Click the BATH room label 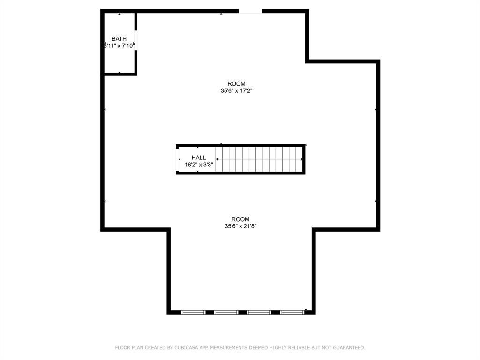click(x=119, y=39)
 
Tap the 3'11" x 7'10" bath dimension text click(x=119, y=46)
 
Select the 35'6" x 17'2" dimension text click(x=236, y=91)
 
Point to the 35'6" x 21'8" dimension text click(x=240, y=226)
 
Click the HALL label click(x=199, y=157)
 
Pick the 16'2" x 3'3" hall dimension click(x=199, y=165)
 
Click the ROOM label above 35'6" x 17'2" click(x=236, y=84)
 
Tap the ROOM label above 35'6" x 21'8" click(x=240, y=219)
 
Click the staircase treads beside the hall click(x=259, y=159)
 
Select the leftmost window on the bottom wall click(x=194, y=312)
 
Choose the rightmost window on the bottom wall click(x=292, y=312)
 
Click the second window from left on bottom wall click(x=226, y=312)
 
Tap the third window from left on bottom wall click(x=259, y=312)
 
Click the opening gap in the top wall click(x=250, y=11)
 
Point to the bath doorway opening click(x=135, y=40)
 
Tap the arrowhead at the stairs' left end click(x=217, y=159)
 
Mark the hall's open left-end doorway click(x=178, y=160)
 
